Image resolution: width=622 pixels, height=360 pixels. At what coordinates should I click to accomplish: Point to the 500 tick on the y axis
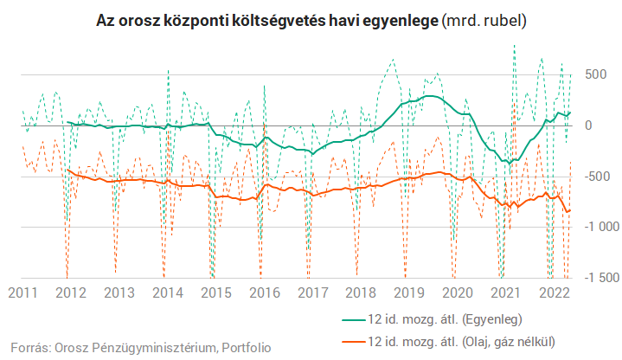(x=597, y=75)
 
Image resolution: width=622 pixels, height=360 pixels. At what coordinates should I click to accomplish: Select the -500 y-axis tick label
(x=594, y=177)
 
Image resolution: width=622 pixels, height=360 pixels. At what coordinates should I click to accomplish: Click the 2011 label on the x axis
(x=22, y=292)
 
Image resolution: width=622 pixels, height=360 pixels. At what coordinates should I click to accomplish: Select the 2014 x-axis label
(x=169, y=292)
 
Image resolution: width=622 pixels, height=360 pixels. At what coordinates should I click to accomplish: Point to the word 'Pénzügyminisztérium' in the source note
(x=151, y=347)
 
